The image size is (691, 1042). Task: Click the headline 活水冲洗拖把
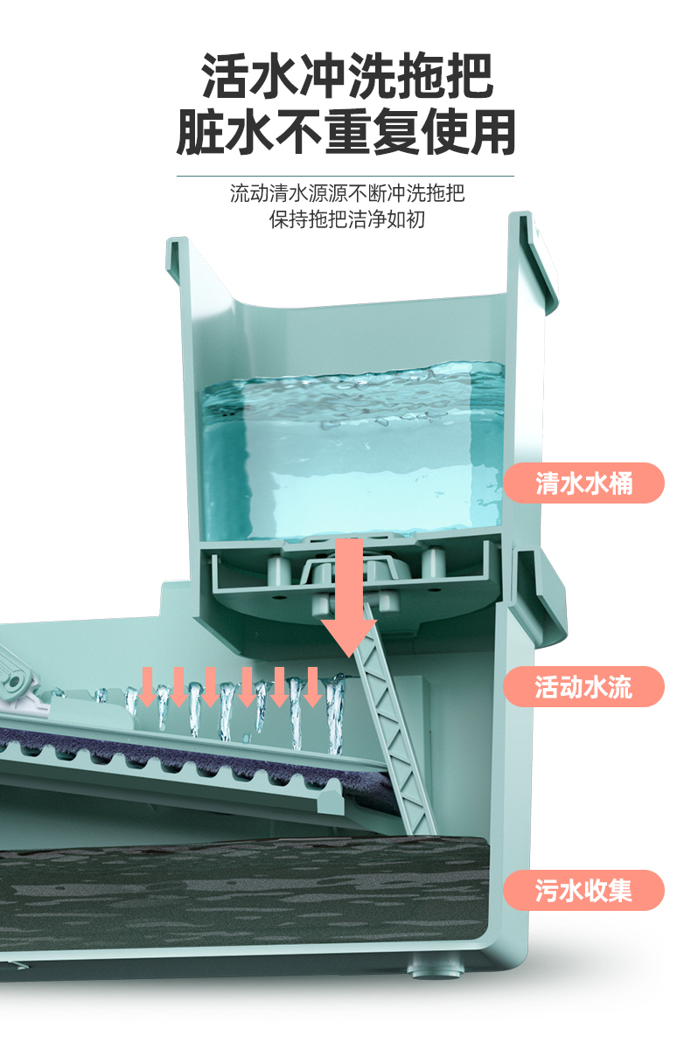click(347, 77)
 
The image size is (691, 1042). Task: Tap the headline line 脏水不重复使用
click(347, 133)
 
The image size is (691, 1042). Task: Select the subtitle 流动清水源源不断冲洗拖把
click(347, 193)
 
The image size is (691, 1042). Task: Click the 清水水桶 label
click(583, 483)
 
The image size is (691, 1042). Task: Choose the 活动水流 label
click(583, 687)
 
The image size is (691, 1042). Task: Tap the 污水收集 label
click(583, 891)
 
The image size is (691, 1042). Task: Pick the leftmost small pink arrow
click(147, 685)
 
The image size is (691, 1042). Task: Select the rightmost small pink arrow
click(312, 685)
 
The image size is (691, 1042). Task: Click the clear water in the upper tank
click(350, 455)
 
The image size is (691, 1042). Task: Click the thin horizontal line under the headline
click(347, 176)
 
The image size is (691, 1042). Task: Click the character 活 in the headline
click(224, 77)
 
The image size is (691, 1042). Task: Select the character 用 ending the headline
click(492, 133)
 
